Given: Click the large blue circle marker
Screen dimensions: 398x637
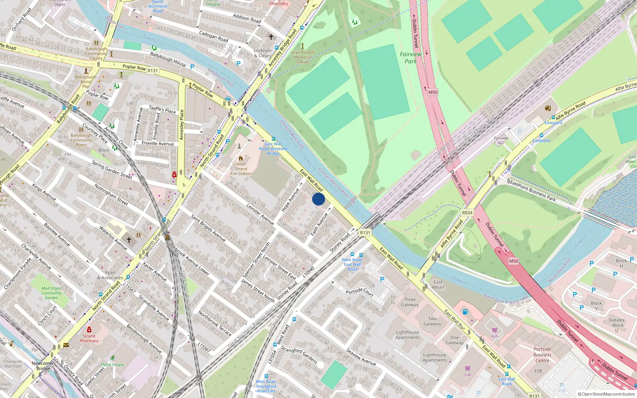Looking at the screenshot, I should point(318,199).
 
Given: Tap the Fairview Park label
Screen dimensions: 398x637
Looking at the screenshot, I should point(410,58).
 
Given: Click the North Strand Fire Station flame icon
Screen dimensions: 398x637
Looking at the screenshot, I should point(241,158).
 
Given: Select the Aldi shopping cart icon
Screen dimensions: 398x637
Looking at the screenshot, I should point(494,330).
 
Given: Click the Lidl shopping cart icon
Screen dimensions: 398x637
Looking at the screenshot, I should point(468,369).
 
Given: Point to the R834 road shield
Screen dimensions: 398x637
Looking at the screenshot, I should point(467,213).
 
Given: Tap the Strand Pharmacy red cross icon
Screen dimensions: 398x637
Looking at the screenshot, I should point(89,330).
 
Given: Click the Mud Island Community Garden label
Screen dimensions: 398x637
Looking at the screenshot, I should point(51,293).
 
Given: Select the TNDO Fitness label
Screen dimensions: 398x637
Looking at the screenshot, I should point(112,365).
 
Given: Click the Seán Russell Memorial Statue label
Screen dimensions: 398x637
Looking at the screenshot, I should point(302,57).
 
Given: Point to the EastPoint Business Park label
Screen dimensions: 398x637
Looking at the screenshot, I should point(532,191).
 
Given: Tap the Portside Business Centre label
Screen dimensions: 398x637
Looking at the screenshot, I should point(542,355).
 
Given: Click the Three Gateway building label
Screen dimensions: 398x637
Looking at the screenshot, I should point(410,302).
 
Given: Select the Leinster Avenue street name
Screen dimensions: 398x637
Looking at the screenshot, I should point(260,214).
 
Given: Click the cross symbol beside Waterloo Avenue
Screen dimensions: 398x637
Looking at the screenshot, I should point(129,240).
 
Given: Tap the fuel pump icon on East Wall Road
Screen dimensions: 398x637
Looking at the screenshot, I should point(465,312).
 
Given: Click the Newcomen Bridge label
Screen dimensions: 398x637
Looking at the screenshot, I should point(43,366).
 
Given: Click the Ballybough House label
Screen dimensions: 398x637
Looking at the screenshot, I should point(168,59).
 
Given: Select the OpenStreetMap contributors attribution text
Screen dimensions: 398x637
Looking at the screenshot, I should point(606,394).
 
